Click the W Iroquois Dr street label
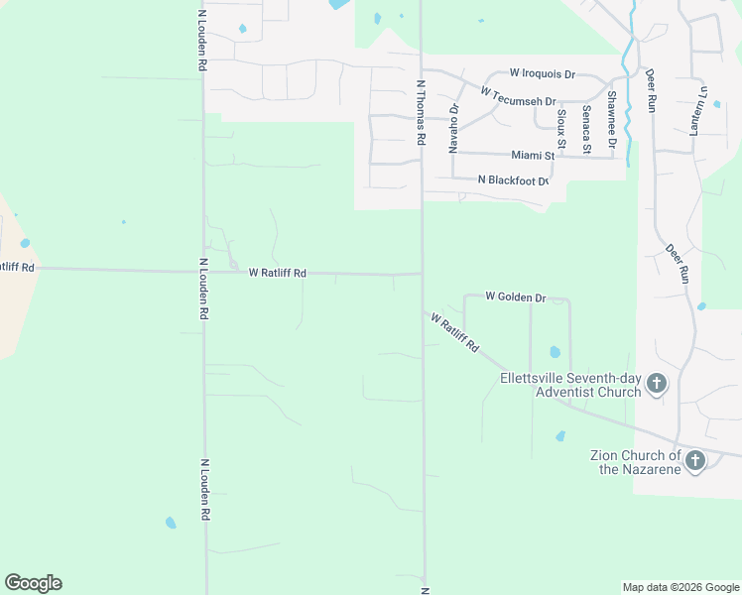click(542, 73)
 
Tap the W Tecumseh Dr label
click(517, 96)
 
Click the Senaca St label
click(587, 129)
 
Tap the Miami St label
click(533, 156)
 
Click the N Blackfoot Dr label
click(513, 180)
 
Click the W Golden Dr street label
click(516, 297)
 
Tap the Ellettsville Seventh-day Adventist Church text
click(570, 385)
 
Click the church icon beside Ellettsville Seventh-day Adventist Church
click(656, 384)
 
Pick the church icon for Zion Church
click(695, 460)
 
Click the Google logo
click(33, 583)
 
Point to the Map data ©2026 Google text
click(680, 587)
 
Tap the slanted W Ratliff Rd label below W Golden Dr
click(455, 332)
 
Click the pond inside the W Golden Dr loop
click(555, 352)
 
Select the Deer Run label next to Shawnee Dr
click(651, 90)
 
